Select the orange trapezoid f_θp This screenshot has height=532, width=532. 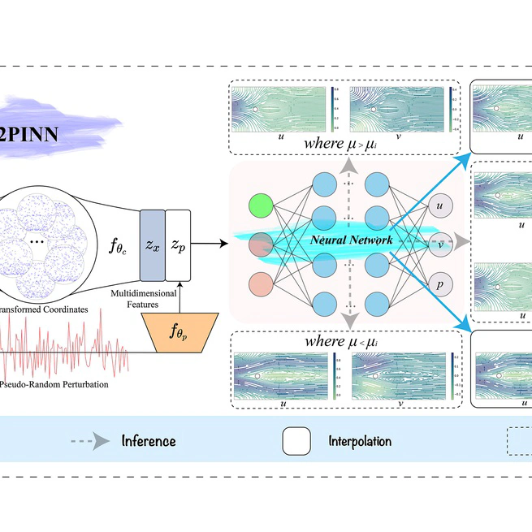coord(177,331)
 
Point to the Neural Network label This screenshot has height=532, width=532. coord(350,240)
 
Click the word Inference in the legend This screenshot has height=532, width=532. coord(149,441)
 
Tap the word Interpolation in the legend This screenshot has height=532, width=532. coord(360,441)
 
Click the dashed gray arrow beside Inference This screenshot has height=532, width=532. coord(91,441)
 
